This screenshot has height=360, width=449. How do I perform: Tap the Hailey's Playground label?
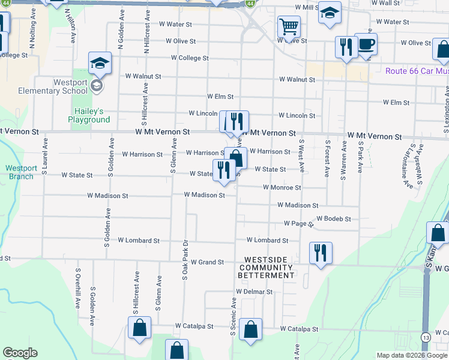point(92,115)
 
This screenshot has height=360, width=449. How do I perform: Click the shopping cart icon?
point(289,27)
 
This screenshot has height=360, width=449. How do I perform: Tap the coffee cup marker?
point(366,44)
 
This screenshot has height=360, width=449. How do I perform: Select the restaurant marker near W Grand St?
point(321,253)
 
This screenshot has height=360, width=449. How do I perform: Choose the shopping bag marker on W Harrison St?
point(237,158)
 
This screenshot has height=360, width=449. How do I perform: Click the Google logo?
point(20,353)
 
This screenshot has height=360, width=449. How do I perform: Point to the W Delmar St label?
point(254,292)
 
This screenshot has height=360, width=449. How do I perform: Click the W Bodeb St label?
point(333,219)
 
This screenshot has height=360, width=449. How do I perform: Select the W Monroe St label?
point(282,188)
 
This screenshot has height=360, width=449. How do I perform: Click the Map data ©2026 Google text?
point(411,355)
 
